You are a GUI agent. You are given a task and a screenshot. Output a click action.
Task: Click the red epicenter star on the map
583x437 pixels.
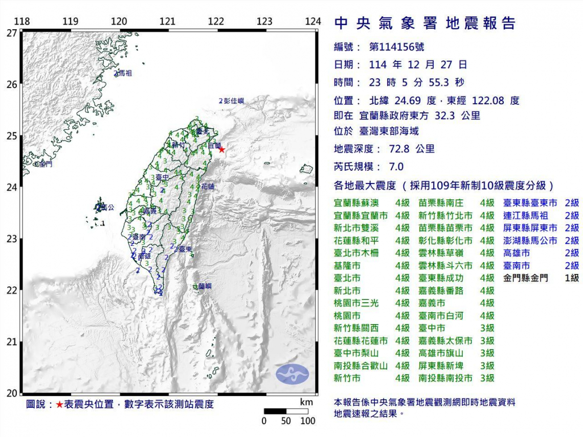point(221,149)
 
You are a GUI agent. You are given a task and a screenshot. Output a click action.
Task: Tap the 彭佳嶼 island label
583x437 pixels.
point(234,101)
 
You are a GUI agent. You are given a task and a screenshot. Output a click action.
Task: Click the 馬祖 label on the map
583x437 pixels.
point(124,74)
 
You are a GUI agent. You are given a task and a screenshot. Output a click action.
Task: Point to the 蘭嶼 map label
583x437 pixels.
point(205,287)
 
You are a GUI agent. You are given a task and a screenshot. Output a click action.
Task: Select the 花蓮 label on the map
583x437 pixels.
point(208,187)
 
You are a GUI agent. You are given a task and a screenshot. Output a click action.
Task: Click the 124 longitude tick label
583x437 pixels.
point(312,21)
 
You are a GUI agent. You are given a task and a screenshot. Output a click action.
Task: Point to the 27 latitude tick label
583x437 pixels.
point(11,33)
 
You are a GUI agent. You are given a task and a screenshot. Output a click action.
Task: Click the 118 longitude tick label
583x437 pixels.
point(21,21)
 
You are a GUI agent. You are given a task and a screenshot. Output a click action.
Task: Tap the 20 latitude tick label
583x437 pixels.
point(11,393)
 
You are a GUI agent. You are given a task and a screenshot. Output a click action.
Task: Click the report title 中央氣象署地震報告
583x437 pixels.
point(424,24)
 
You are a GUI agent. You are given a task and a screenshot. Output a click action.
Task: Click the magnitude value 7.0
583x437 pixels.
point(396,167)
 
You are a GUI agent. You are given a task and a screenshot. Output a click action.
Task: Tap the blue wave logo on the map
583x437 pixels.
point(293,374)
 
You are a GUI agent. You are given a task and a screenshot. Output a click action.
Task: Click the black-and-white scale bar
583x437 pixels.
point(286,411)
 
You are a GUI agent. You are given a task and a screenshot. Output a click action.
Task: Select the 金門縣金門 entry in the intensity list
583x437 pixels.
point(525,278)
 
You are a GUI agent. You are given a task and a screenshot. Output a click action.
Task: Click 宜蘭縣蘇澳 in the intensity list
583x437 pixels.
point(356,203)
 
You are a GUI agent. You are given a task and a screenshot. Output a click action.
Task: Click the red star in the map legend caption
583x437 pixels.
point(60,404)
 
